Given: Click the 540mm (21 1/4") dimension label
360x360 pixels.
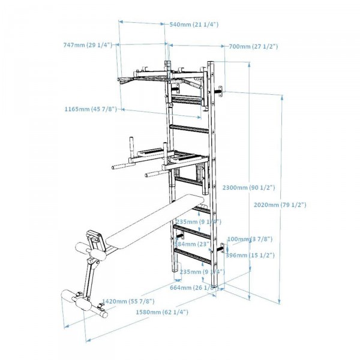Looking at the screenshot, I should point(194,25).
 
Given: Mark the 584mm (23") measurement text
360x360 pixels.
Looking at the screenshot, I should point(191,244).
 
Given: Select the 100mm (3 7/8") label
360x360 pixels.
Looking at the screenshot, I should point(247,239).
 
